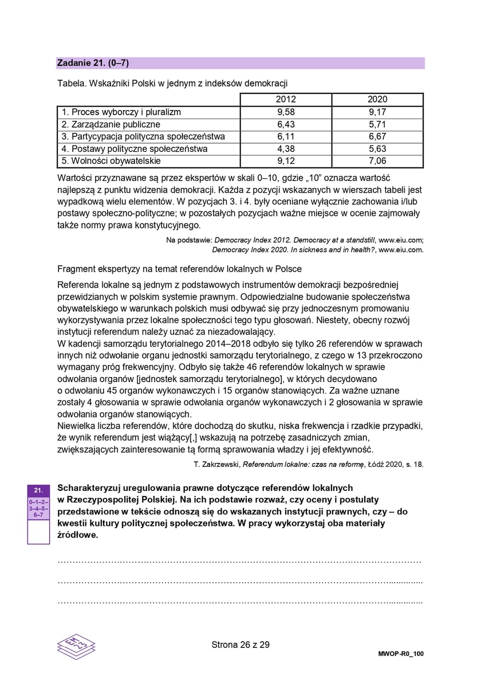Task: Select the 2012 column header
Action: [x=286, y=100]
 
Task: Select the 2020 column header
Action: [x=377, y=100]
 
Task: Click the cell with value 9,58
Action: [x=286, y=112]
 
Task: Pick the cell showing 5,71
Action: [x=377, y=124]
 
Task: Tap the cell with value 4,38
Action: [x=286, y=149]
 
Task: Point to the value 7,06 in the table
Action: [x=377, y=161]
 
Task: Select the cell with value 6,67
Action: [x=377, y=137]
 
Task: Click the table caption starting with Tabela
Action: [x=172, y=83]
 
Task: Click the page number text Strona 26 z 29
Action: [x=240, y=644]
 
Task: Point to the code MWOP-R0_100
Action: [x=401, y=654]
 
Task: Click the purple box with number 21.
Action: [x=38, y=490]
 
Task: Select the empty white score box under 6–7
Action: [x=38, y=532]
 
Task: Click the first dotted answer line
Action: [x=240, y=563]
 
